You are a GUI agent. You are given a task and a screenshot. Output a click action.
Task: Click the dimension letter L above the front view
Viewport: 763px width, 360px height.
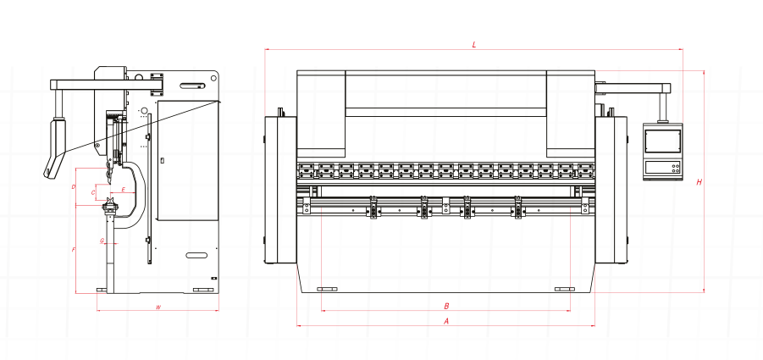click(x=474, y=44)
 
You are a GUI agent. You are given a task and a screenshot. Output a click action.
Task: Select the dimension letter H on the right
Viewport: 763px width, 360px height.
click(x=699, y=182)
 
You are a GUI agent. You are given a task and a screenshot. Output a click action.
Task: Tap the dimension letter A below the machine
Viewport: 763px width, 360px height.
click(x=446, y=321)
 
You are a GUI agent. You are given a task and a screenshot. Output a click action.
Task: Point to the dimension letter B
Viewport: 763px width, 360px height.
click(x=446, y=306)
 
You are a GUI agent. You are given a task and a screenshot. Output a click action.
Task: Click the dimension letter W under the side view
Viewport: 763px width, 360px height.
click(x=158, y=307)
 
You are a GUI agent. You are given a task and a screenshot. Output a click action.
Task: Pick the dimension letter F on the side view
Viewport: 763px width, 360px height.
click(x=75, y=249)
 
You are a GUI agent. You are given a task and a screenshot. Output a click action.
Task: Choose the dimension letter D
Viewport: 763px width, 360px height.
click(x=75, y=186)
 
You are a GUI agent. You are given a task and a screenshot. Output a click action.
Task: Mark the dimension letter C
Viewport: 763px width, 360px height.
click(x=93, y=193)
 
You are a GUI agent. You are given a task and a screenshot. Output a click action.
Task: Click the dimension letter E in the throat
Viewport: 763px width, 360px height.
click(x=123, y=189)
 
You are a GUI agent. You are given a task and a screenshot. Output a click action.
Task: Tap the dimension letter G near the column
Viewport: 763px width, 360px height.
click(x=102, y=241)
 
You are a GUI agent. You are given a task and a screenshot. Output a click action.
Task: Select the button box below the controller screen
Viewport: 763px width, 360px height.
click(x=662, y=168)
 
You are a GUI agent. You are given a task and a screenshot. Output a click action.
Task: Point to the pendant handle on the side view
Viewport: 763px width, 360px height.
click(x=55, y=144)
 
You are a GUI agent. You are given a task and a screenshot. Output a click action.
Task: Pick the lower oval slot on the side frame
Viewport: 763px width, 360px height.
click(x=197, y=255)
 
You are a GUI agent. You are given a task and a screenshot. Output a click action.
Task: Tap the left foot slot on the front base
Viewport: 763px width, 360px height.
click(x=326, y=289)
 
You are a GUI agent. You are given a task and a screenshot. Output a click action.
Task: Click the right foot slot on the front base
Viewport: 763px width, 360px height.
click(x=563, y=289)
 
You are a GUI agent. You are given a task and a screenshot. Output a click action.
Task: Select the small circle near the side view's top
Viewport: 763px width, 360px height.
click(x=144, y=111)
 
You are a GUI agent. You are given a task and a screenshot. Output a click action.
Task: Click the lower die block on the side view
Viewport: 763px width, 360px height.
click(x=109, y=207)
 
